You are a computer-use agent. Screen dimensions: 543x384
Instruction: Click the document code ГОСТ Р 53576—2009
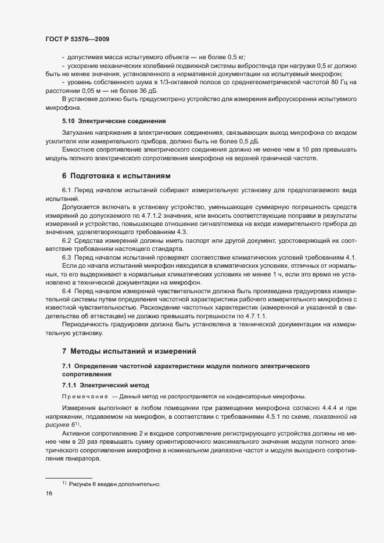(x=77, y=39)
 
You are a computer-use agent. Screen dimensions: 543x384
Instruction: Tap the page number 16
(x=49, y=494)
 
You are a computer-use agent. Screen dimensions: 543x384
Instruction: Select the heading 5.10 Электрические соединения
(x=114, y=121)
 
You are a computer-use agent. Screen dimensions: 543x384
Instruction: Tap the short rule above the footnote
(x=69, y=477)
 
